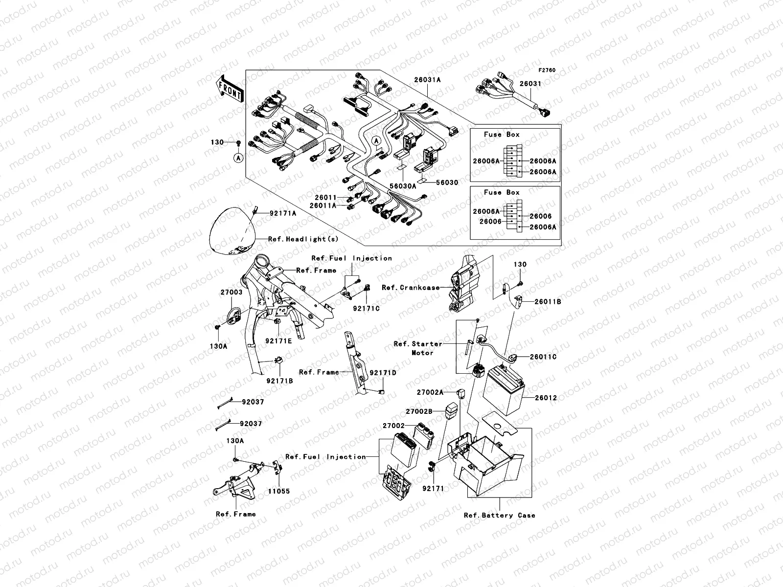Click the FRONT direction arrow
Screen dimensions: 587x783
230,89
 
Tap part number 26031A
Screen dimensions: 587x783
427,80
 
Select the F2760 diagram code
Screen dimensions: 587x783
547,70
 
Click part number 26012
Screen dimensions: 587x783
546,398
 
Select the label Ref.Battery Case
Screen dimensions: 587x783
500,515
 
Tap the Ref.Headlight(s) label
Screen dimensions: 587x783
303,239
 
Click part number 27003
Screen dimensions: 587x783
231,292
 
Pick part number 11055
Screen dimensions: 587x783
278,491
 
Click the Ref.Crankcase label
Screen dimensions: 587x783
411,288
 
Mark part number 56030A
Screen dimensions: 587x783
403,186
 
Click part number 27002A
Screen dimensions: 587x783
430,392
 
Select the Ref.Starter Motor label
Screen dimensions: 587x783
418,348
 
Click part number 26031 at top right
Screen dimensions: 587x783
530,84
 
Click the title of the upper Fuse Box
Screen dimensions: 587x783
502,135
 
